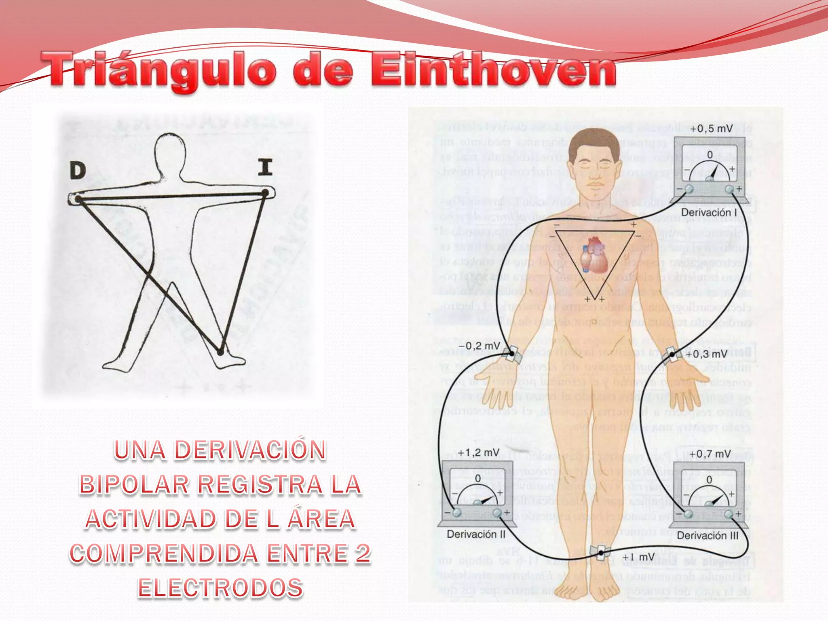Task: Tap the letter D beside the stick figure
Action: (x=78, y=170)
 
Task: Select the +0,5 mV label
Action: (x=711, y=129)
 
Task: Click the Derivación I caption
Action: (x=709, y=212)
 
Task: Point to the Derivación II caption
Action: (x=476, y=534)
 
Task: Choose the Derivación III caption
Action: (x=708, y=535)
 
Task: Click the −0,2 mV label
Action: (x=479, y=346)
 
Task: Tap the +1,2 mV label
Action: (x=479, y=452)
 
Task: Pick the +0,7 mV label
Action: (x=710, y=454)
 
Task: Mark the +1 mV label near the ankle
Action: (x=638, y=557)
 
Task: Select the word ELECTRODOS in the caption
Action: (x=220, y=588)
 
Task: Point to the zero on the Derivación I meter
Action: (x=710, y=154)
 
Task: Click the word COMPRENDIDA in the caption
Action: (x=164, y=553)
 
